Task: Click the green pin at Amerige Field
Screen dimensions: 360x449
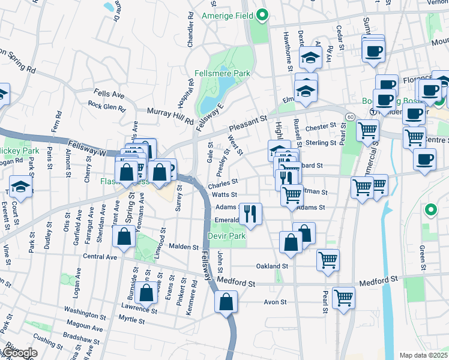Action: pos(262,16)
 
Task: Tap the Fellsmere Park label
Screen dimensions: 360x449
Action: pos(222,73)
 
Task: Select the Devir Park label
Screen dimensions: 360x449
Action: pos(228,236)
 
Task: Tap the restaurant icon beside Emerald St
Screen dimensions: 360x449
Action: pos(250,212)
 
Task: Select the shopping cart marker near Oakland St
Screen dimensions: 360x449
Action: pos(328,260)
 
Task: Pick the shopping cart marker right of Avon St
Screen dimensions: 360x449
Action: pos(343,297)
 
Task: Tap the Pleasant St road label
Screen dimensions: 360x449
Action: pos(247,125)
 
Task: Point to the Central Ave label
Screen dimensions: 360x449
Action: pos(100,257)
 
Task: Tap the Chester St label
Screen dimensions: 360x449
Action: pos(321,127)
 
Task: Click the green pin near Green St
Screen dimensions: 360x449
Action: pos(430,210)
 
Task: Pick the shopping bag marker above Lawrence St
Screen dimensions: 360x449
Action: pos(146,292)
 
